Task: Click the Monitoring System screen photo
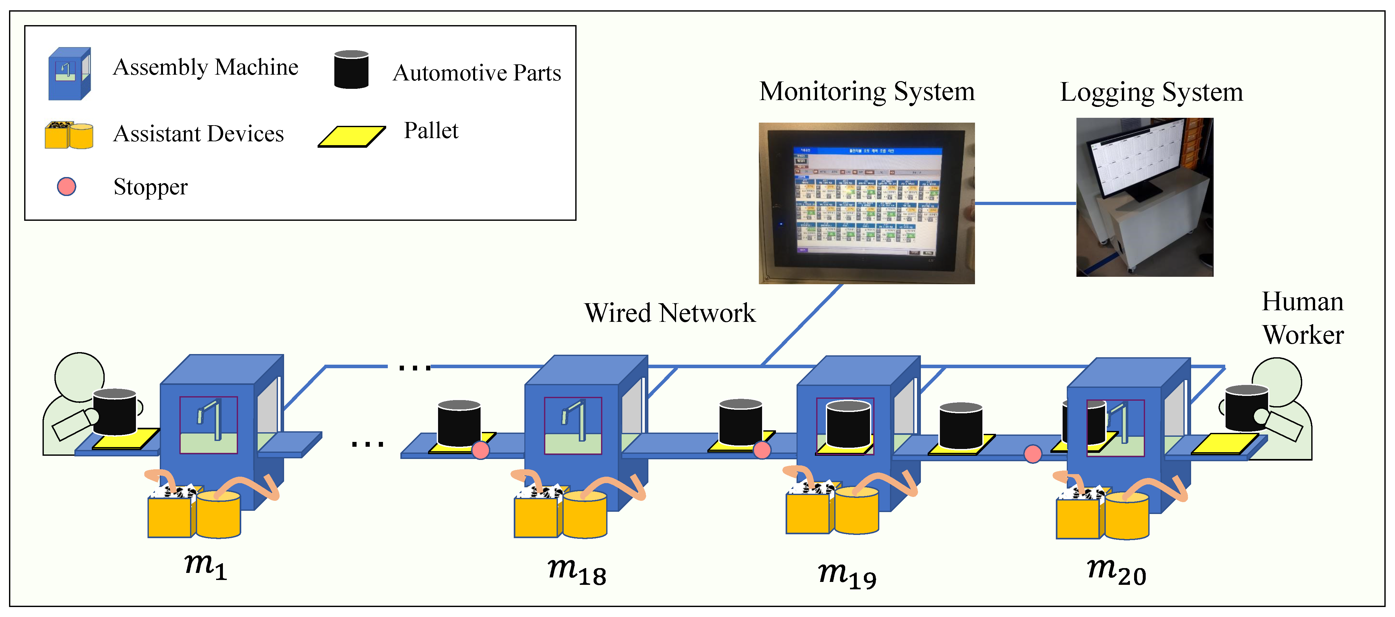tap(866, 203)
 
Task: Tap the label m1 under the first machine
tap(205, 566)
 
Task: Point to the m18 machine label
tap(577, 571)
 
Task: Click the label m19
tap(847, 574)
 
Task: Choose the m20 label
tap(1117, 571)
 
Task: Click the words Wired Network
tap(670, 313)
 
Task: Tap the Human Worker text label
tap(1302, 318)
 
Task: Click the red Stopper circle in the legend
tap(67, 187)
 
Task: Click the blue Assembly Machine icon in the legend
tap(69, 74)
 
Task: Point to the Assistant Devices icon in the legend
tap(69, 135)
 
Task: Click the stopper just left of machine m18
tap(480, 450)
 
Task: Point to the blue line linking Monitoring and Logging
tap(1025, 203)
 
